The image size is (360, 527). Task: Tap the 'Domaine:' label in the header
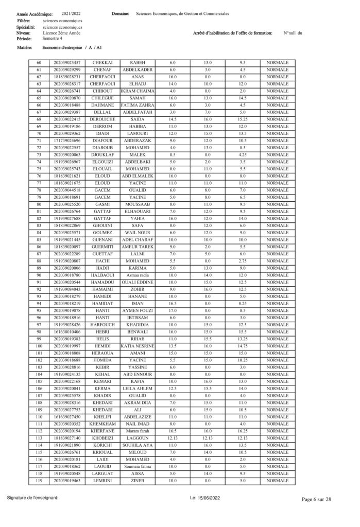120,14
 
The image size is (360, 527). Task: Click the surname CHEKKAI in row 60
102,62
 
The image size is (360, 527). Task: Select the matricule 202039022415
67,119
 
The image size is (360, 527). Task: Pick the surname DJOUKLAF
102,154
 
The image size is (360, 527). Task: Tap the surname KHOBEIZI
102,438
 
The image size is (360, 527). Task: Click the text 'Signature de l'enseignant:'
36,498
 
